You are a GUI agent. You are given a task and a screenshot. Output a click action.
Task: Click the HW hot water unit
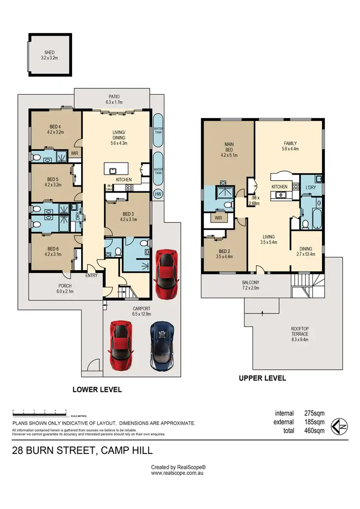tap(157, 194)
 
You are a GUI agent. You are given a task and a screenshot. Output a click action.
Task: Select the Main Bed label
tap(228, 146)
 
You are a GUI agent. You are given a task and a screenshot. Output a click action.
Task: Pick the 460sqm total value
tap(314, 430)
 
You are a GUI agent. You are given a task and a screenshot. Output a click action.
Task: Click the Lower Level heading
tap(97, 390)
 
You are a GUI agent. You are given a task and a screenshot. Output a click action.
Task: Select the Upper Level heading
tap(262, 378)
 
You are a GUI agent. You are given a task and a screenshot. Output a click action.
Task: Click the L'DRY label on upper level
tap(311, 188)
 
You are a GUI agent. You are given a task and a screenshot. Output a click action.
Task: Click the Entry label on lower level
tap(91, 275)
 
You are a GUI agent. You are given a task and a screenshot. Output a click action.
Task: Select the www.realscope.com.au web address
tap(178, 473)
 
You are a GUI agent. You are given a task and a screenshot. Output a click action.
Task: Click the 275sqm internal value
tap(314, 413)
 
